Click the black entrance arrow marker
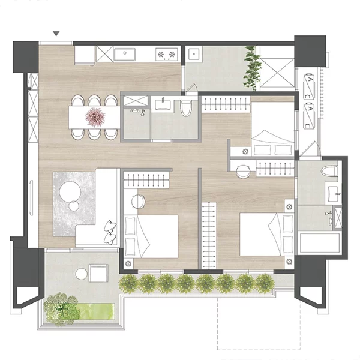click(x=56, y=34)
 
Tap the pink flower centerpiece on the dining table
click(x=95, y=117)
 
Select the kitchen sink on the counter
click(x=125, y=54)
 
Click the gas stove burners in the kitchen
click(x=167, y=55)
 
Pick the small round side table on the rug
click(x=74, y=206)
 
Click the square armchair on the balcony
click(x=98, y=273)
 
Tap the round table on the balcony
click(x=82, y=274)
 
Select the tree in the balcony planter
click(x=61, y=308)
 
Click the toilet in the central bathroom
click(x=186, y=108)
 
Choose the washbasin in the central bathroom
click(x=163, y=104)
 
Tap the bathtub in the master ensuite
click(x=320, y=243)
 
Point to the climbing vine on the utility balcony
click(x=253, y=68)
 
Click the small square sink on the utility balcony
click(x=194, y=54)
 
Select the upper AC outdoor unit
click(x=310, y=86)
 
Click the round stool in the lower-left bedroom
click(x=139, y=202)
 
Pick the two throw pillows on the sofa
click(x=110, y=232)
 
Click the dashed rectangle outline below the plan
click(x=259, y=324)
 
